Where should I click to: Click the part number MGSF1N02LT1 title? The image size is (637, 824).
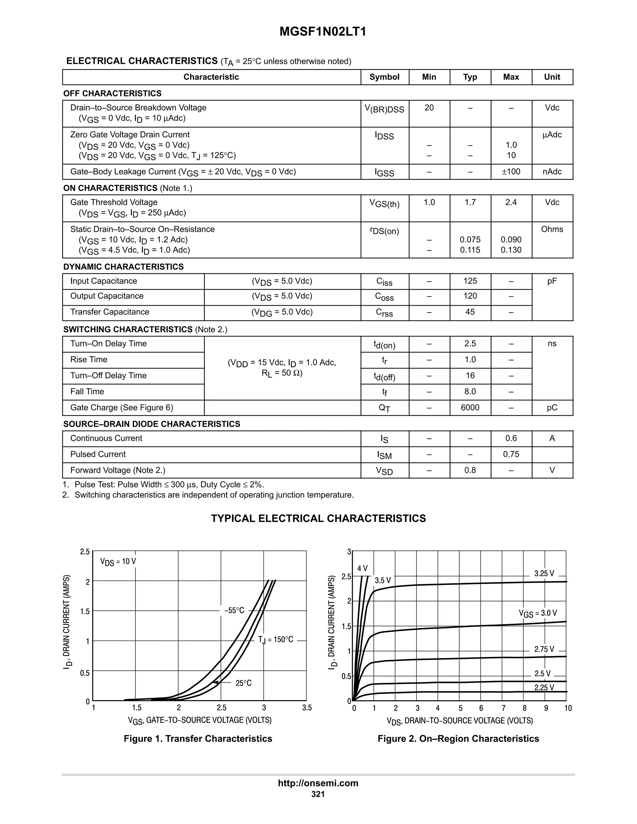pyautogui.click(x=323, y=32)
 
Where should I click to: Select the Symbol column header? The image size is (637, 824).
pyautogui.click(x=384, y=77)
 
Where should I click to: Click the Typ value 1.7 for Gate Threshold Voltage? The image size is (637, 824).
pyautogui.click(x=470, y=203)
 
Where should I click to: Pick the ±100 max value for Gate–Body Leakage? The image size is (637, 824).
pyautogui.click(x=511, y=172)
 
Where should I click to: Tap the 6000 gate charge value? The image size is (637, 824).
pyautogui.click(x=470, y=407)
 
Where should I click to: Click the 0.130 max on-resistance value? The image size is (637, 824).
pyautogui.click(x=511, y=250)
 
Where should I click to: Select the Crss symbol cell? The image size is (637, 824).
pyautogui.click(x=384, y=313)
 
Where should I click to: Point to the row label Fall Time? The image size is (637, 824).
pyautogui.click(x=87, y=391)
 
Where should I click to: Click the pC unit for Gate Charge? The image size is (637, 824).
pyautogui.click(x=552, y=407)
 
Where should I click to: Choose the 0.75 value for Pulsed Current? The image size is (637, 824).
pyautogui.click(x=511, y=454)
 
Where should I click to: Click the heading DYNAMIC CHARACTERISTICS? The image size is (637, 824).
pyautogui.click(x=123, y=267)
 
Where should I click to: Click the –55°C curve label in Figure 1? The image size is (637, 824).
pyautogui.click(x=234, y=610)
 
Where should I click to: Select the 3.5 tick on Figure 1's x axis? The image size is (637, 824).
pyautogui.click(x=307, y=707)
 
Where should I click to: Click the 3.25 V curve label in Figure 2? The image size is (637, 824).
pyautogui.click(x=544, y=573)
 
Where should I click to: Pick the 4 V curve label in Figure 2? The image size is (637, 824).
pyautogui.click(x=362, y=568)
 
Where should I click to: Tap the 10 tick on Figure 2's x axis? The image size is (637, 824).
pyautogui.click(x=568, y=708)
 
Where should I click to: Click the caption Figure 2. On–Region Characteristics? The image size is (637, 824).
pyautogui.click(x=458, y=738)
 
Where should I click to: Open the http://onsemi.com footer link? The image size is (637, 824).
pyautogui.click(x=318, y=783)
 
